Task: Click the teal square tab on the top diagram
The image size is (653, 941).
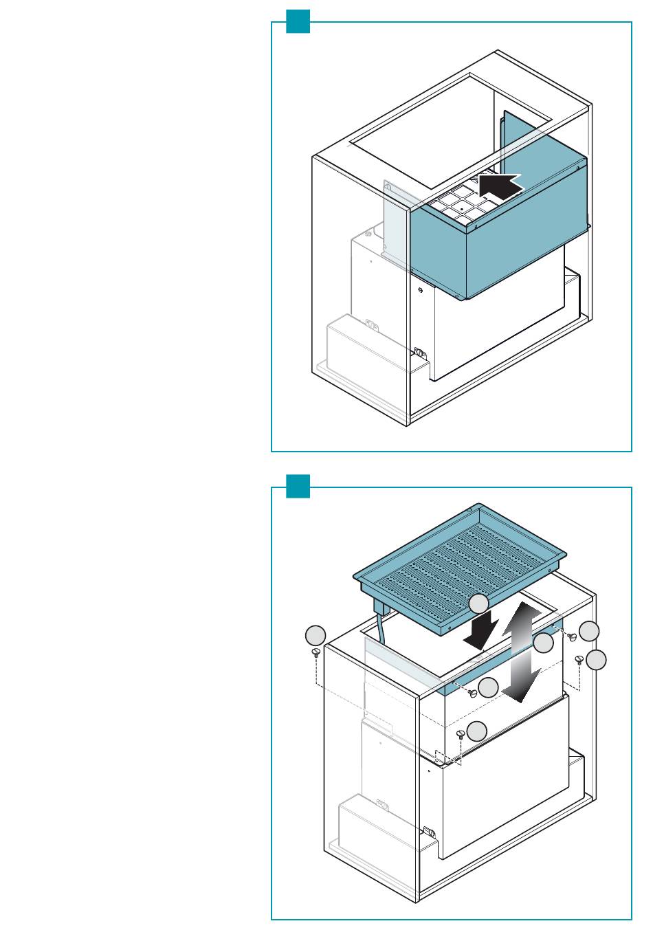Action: [x=298, y=21]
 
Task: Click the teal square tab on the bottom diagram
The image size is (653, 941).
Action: [x=298, y=486]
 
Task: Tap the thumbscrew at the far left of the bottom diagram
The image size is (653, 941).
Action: [x=316, y=652]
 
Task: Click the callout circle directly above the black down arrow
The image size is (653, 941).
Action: [x=479, y=604]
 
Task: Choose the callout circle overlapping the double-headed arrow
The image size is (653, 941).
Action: [x=543, y=643]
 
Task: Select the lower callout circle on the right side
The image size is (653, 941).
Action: [x=596, y=660]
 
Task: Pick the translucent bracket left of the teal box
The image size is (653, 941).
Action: [x=395, y=220]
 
